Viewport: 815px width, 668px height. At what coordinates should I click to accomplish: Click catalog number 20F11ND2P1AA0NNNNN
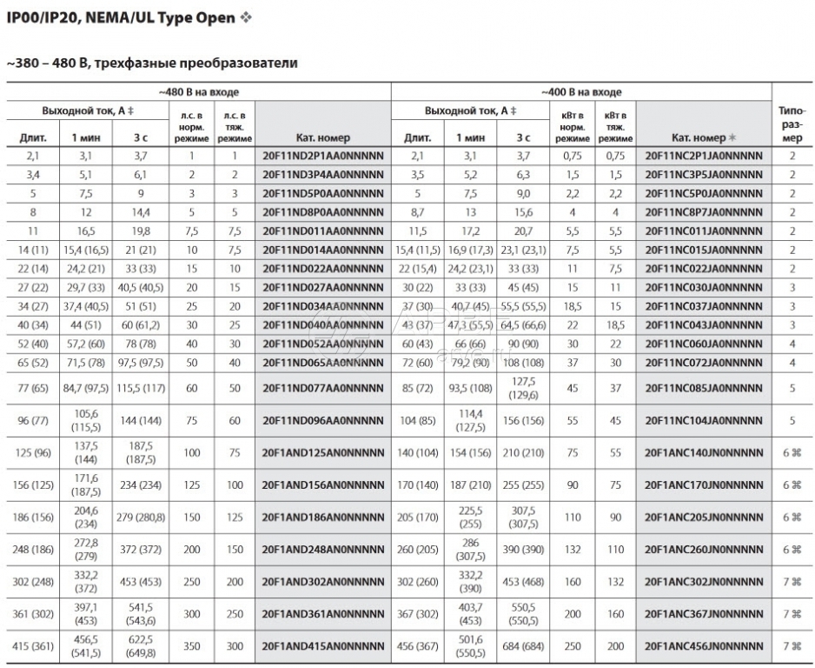click(x=322, y=156)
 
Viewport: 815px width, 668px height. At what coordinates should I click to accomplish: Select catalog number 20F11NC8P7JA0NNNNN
click(x=704, y=211)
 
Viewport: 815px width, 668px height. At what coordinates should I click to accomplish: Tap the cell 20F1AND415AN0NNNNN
click(x=322, y=647)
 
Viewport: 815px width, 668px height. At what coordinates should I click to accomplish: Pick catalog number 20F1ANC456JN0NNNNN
click(x=704, y=647)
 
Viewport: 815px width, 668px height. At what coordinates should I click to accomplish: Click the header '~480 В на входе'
click(x=198, y=91)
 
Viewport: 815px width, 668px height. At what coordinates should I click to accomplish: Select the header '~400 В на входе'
click(x=581, y=91)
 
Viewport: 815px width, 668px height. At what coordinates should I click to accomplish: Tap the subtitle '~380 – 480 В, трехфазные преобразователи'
click(x=152, y=63)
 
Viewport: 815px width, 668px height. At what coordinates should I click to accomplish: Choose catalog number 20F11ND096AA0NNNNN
click(x=322, y=421)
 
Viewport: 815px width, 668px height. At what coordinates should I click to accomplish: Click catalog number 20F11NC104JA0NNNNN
click(x=704, y=421)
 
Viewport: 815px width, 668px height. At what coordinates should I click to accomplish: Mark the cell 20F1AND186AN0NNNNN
click(x=322, y=517)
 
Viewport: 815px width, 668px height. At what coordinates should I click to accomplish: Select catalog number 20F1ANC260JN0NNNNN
click(x=704, y=550)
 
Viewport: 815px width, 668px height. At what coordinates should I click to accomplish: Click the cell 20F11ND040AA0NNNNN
click(x=322, y=324)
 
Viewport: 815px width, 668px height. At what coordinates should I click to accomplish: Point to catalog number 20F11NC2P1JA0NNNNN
click(x=704, y=156)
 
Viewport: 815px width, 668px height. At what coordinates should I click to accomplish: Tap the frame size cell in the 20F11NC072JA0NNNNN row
click(x=792, y=361)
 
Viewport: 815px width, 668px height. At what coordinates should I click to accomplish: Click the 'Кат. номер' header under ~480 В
click(x=322, y=137)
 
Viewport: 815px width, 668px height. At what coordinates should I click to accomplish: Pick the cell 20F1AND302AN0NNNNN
click(x=322, y=582)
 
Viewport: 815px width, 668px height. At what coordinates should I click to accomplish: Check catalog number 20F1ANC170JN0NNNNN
click(x=704, y=484)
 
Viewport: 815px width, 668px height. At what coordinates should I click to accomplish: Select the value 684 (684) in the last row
click(x=522, y=647)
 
